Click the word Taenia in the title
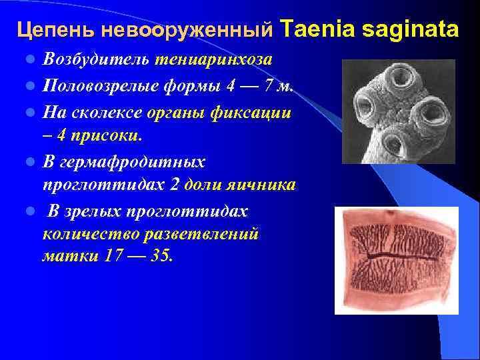(x=311, y=29)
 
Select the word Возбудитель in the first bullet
(x=97, y=59)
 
